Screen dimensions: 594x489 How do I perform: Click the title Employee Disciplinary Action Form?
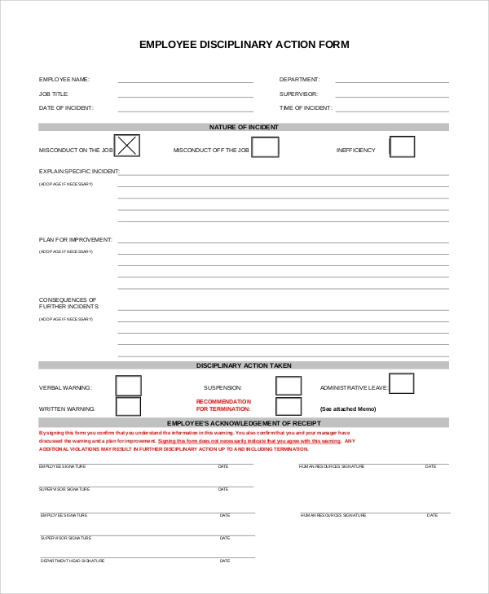pos(244,45)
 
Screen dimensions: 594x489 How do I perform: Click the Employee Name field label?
pos(64,80)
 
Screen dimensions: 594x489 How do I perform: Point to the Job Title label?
pos(54,94)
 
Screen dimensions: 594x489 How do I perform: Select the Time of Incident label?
pos(306,107)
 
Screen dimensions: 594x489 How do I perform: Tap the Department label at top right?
pos(300,80)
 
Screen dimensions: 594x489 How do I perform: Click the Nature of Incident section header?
pos(244,127)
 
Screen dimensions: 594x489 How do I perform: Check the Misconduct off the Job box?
pos(265,147)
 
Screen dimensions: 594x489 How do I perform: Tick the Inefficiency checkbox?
pos(402,146)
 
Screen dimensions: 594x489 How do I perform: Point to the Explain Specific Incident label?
pos(79,172)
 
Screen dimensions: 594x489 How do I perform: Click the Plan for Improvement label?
pos(76,240)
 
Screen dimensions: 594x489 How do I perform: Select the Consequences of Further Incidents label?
pos(69,303)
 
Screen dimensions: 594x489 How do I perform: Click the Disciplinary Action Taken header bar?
pos(244,365)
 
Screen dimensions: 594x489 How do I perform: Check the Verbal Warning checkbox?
pos(128,385)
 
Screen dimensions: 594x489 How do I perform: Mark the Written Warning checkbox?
pos(128,406)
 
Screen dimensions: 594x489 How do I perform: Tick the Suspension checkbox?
pos(289,386)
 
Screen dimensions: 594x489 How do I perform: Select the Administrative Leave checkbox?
pos(402,383)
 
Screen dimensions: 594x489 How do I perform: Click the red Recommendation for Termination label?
pos(224,405)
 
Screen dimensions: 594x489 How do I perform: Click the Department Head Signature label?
pos(73,561)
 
